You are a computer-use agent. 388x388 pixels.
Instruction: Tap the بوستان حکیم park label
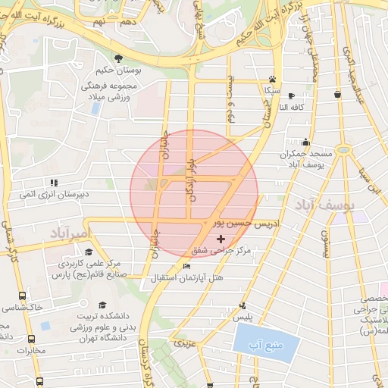(x=118, y=74)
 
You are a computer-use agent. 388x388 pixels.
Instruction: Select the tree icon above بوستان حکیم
(x=118, y=59)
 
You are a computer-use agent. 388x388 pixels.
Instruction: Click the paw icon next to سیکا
(x=272, y=78)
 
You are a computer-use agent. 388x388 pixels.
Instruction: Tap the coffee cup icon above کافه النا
(x=337, y=94)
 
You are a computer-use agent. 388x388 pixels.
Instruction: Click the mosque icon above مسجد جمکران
(x=305, y=142)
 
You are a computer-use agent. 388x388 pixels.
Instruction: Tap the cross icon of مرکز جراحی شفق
(x=221, y=239)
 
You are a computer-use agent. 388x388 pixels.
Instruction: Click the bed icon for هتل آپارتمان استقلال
(x=187, y=266)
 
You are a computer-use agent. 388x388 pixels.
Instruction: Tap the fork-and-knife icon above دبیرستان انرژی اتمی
(x=54, y=183)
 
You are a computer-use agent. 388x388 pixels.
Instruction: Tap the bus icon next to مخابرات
(x=31, y=339)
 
